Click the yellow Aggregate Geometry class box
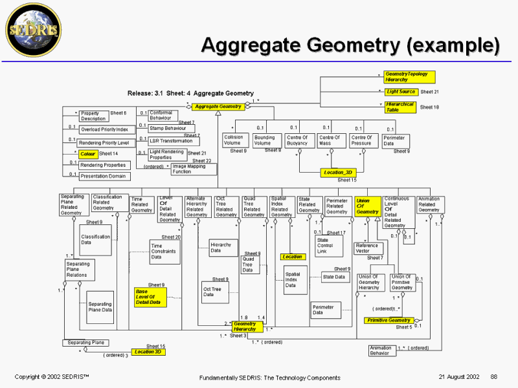click(218, 106)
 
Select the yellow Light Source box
click(401, 92)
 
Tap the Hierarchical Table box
click(400, 107)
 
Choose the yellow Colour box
click(87, 154)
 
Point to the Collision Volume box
click(233, 140)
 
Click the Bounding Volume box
click(264, 140)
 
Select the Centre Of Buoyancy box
click(297, 140)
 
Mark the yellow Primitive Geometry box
click(390, 321)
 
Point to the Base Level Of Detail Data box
click(148, 296)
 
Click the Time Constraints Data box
click(164, 252)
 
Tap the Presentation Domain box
click(104, 176)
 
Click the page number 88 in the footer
click(494, 376)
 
